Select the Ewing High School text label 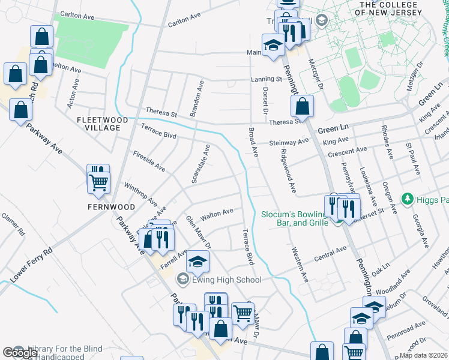pos(226,280)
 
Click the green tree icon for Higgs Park pos(408,198)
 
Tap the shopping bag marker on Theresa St pos(303,107)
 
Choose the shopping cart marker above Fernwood pos(98,181)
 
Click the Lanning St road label pos(267,79)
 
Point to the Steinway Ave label pos(288,142)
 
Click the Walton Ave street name pos(217,212)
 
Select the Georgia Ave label pos(421,232)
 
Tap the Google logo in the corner pos(20,353)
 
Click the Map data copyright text pos(424,355)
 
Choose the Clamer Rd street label pos(13,224)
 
